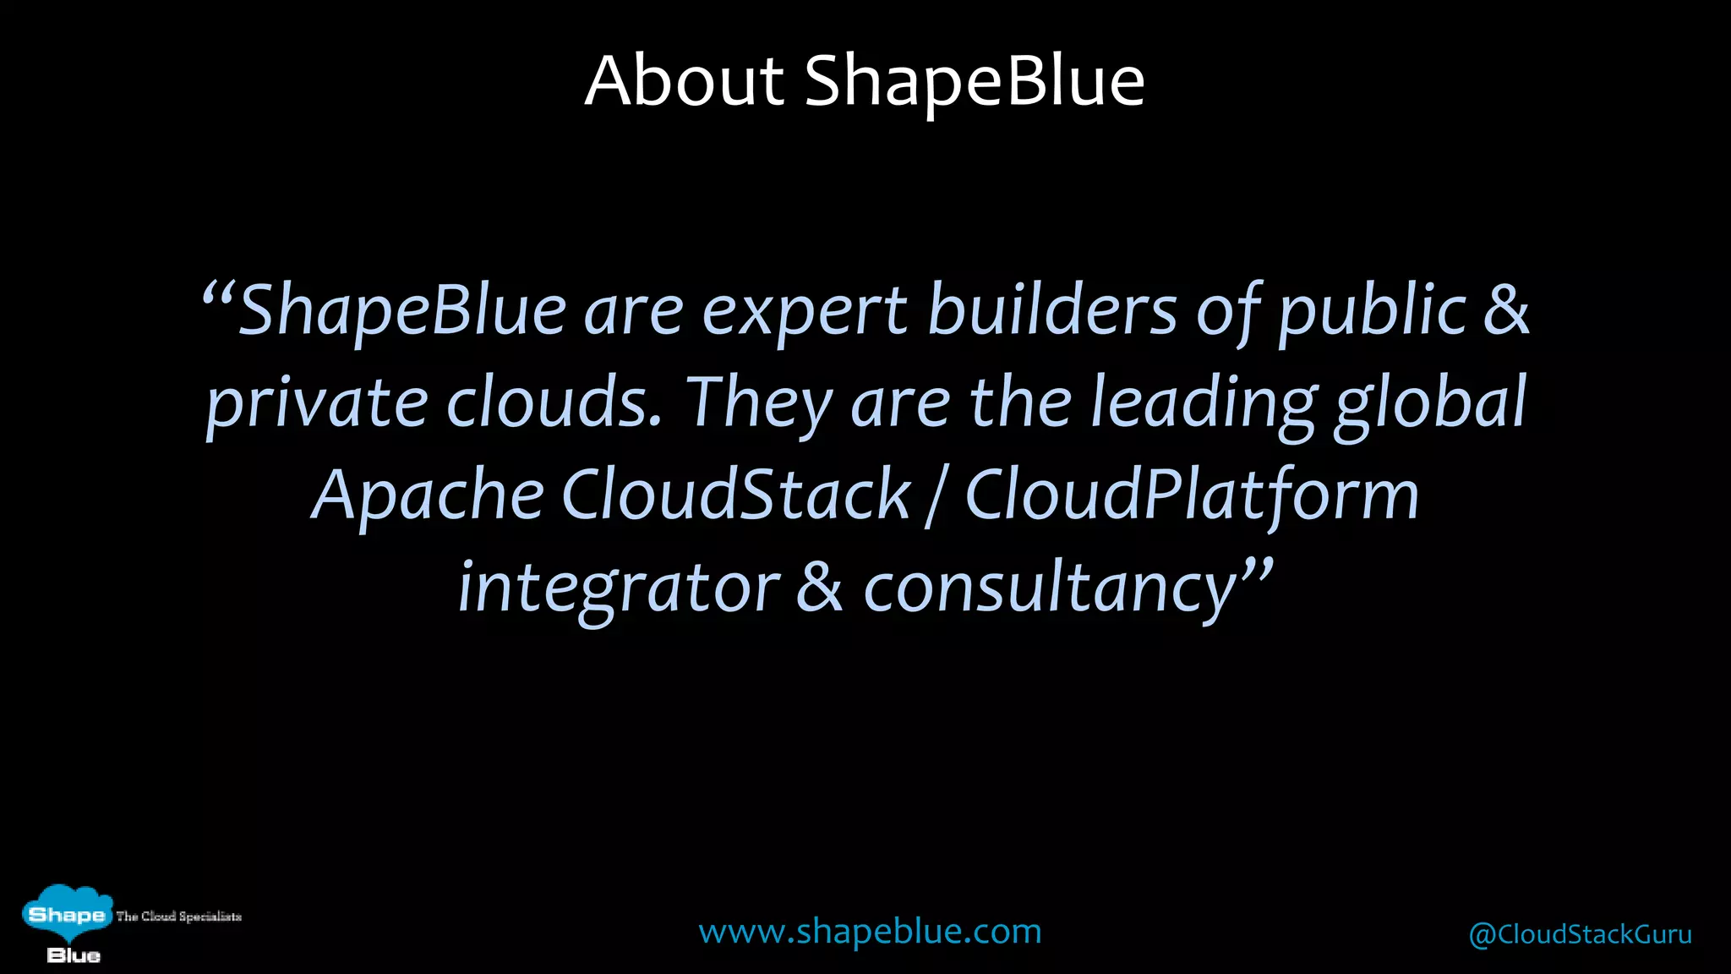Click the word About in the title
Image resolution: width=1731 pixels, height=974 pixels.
coord(685,81)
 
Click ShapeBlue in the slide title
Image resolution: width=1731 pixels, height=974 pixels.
coord(974,81)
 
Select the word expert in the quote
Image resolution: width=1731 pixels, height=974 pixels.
coord(805,311)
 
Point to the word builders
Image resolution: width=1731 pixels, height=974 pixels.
coord(1052,309)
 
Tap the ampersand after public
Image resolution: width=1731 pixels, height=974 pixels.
coord(1506,309)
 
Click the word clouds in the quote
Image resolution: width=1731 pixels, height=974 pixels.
coord(554,402)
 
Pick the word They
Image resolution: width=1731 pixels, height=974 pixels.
coord(758,404)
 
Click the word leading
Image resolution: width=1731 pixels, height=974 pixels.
coord(1202,404)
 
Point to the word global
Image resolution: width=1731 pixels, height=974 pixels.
coord(1430,404)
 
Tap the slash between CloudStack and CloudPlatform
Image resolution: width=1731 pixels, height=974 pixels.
coord(935,497)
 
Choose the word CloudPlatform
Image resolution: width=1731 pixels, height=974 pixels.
coord(1192,495)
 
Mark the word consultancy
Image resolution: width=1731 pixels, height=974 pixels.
coord(1051,588)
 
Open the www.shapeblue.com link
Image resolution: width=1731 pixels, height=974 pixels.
coord(870,932)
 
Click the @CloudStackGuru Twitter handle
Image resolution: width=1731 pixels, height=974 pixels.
coord(1580,934)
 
